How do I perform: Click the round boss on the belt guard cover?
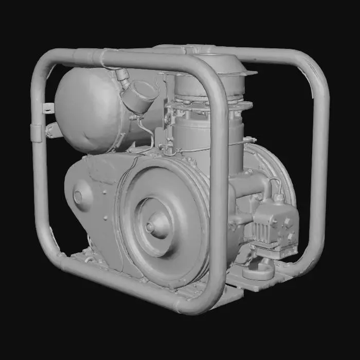click(x=78, y=196)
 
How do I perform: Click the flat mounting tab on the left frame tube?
click(x=48, y=109)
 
